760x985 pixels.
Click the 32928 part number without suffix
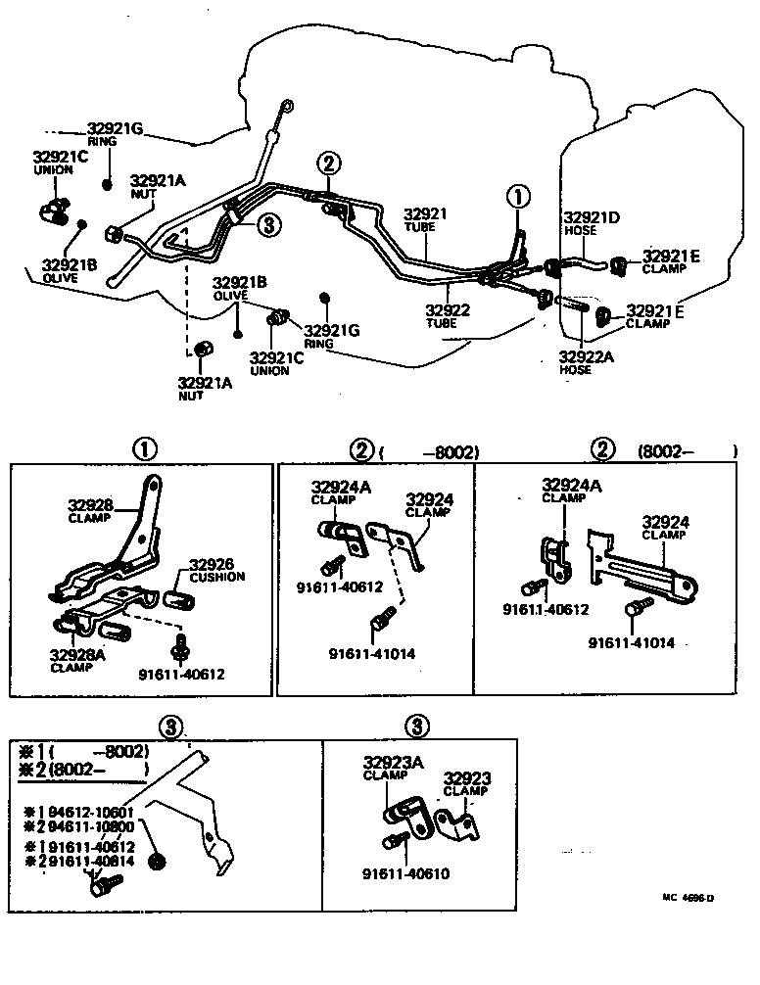pyautogui.click(x=90, y=505)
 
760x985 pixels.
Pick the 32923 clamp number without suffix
pyautogui.click(x=467, y=778)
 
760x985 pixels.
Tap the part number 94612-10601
pyautogui.click(x=84, y=812)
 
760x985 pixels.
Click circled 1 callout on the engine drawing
pyautogui.click(x=517, y=197)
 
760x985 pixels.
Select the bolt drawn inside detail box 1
pyautogui.click(x=180, y=646)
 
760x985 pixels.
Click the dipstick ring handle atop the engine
pyautogui.click(x=286, y=104)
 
